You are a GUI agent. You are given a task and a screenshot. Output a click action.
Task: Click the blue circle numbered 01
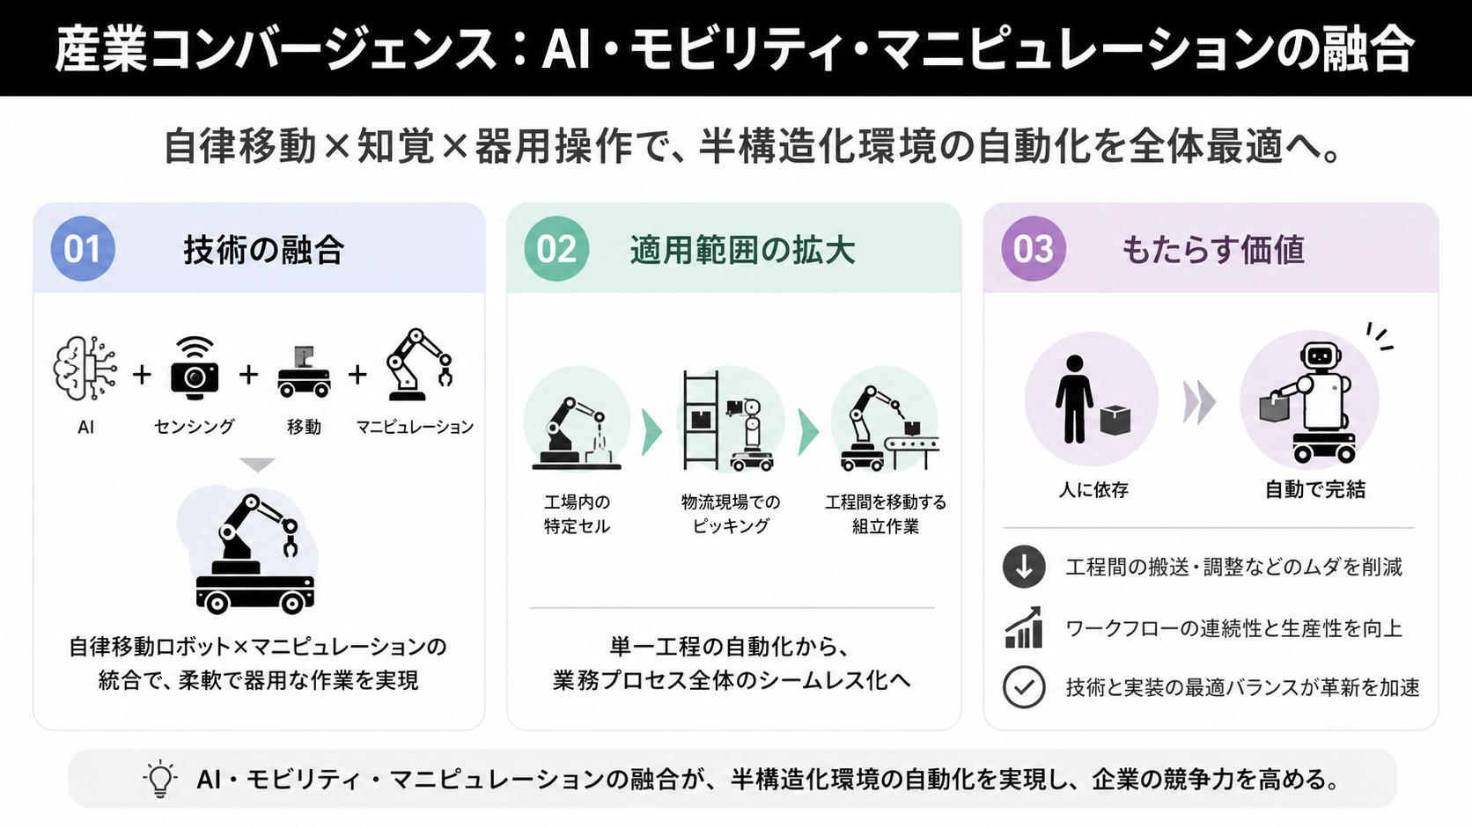pyautogui.click(x=83, y=249)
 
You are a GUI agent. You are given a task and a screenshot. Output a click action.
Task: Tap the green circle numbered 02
pyautogui.click(x=556, y=249)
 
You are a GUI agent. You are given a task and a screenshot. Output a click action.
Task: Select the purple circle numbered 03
pyautogui.click(x=1034, y=249)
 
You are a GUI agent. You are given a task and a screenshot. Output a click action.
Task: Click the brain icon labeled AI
pyautogui.click(x=85, y=369)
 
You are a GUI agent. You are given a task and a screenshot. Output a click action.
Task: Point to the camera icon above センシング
pyautogui.click(x=194, y=369)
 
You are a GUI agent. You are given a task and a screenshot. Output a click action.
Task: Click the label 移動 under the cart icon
pyautogui.click(x=304, y=427)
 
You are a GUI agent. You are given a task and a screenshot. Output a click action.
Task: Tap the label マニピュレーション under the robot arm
pyautogui.click(x=415, y=427)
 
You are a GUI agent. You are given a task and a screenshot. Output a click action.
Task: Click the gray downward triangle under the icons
pyautogui.click(x=258, y=465)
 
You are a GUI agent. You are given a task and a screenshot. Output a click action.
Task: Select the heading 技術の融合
pyautogui.click(x=263, y=250)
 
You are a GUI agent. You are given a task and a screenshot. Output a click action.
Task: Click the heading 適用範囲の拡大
pyautogui.click(x=742, y=250)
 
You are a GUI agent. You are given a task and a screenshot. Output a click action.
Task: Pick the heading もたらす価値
pyautogui.click(x=1213, y=250)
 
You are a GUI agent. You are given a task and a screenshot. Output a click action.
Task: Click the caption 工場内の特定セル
pyautogui.click(x=577, y=514)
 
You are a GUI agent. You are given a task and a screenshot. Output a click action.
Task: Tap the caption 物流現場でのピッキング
pyautogui.click(x=731, y=514)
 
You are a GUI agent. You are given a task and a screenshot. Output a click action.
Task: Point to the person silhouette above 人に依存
pyautogui.click(x=1074, y=399)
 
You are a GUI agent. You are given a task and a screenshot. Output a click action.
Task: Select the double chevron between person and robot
pyautogui.click(x=1199, y=402)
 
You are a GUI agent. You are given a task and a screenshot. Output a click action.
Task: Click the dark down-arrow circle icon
pyautogui.click(x=1024, y=566)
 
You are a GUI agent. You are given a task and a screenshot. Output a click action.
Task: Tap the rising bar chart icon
pyautogui.click(x=1024, y=627)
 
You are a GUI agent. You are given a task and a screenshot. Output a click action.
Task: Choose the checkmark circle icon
pyautogui.click(x=1024, y=687)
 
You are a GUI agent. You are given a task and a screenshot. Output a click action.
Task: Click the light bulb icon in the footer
pyautogui.click(x=159, y=780)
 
